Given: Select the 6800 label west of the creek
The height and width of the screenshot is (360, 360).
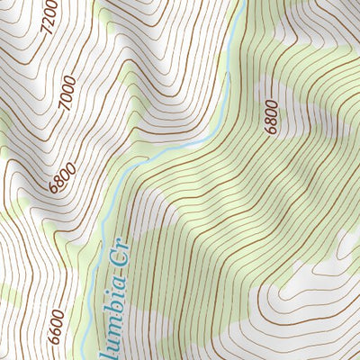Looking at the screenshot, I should click(x=60, y=174).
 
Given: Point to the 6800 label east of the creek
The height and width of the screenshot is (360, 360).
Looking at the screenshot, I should click(x=272, y=116).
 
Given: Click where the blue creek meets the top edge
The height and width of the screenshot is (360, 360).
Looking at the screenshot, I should click(x=243, y=2).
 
